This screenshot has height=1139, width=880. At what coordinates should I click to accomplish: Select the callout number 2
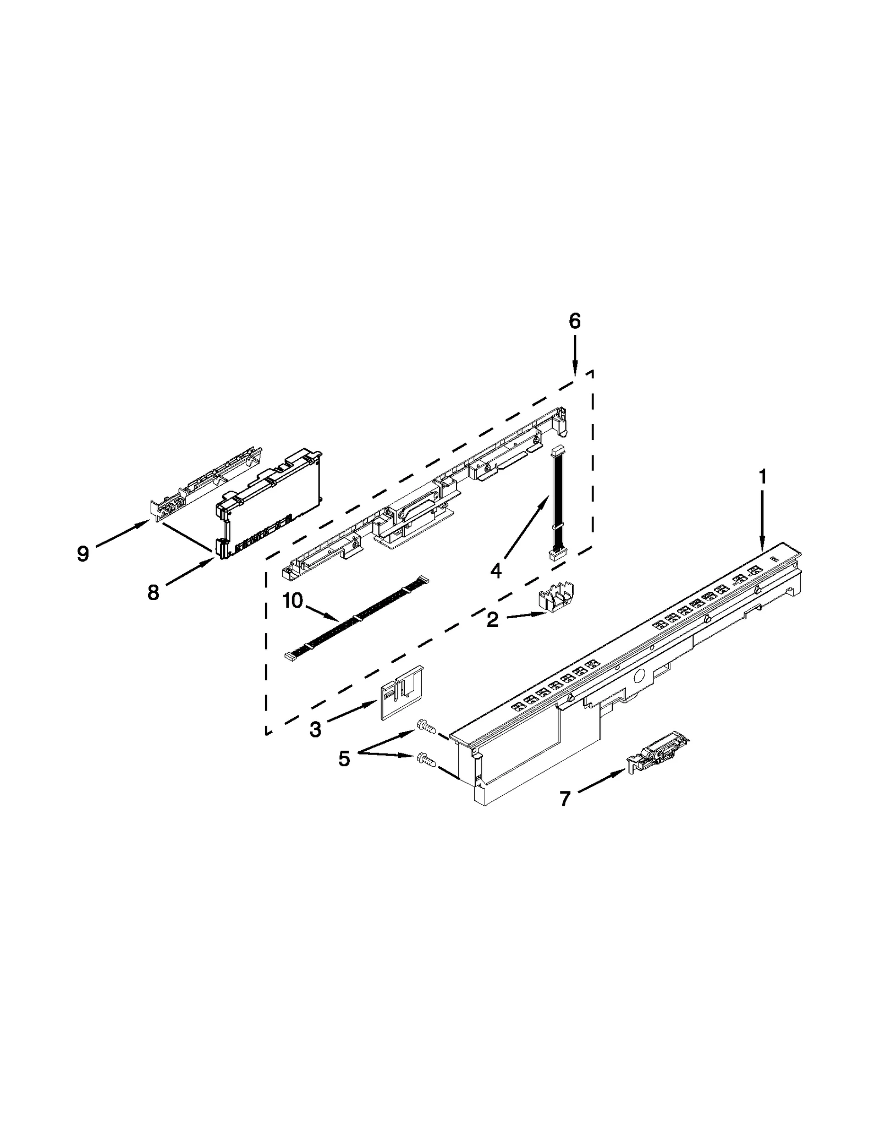tap(492, 620)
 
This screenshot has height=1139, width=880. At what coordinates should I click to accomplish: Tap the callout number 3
tap(315, 729)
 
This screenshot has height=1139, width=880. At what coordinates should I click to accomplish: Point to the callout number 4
tap(496, 571)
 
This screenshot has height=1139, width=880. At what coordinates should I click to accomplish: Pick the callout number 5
tap(344, 759)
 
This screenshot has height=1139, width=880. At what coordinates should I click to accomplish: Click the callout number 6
tap(575, 321)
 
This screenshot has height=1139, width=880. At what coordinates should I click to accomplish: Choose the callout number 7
tap(565, 799)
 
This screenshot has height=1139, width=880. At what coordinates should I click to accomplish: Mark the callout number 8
tap(153, 592)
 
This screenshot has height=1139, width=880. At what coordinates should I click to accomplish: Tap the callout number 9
tap(83, 553)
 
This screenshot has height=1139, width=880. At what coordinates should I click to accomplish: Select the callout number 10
tap(293, 601)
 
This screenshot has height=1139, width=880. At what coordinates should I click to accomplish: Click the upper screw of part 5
tap(426, 727)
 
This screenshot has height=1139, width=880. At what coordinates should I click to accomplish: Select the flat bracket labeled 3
tap(402, 691)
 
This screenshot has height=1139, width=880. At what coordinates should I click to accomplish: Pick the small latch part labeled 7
tap(658, 752)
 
